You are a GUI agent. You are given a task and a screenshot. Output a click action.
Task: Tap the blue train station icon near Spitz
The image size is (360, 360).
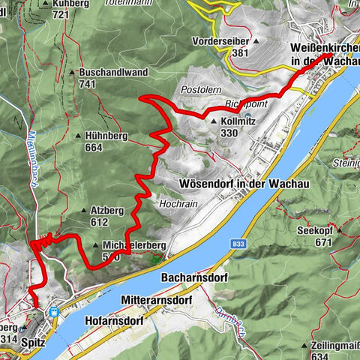[x=54, y=313]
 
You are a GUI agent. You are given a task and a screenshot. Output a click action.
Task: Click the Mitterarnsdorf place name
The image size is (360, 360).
[x=156, y=299]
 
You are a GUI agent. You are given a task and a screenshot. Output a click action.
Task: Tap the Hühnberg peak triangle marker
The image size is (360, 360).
[x=80, y=136]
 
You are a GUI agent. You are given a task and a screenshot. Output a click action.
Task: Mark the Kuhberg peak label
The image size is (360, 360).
[x=72, y=4]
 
